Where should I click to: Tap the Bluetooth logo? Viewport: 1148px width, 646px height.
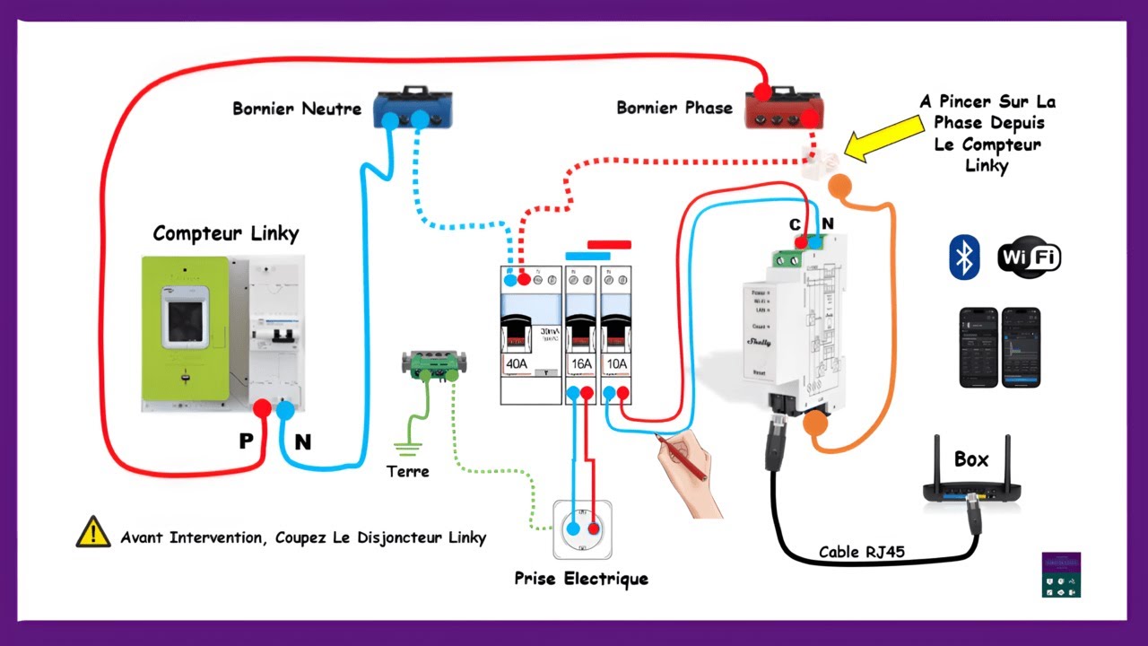click(x=964, y=258)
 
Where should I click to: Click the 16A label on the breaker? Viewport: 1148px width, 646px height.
click(x=581, y=364)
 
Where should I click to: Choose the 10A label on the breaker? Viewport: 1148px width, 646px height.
click(x=616, y=364)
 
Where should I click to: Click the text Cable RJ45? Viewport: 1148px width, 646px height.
click(x=861, y=552)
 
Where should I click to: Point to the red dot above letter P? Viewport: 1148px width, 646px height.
click(x=262, y=409)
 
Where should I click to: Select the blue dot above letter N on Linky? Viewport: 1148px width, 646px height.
click(x=285, y=410)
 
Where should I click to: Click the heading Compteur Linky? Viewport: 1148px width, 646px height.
click(x=225, y=233)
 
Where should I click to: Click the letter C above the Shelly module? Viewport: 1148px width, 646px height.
click(x=795, y=223)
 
